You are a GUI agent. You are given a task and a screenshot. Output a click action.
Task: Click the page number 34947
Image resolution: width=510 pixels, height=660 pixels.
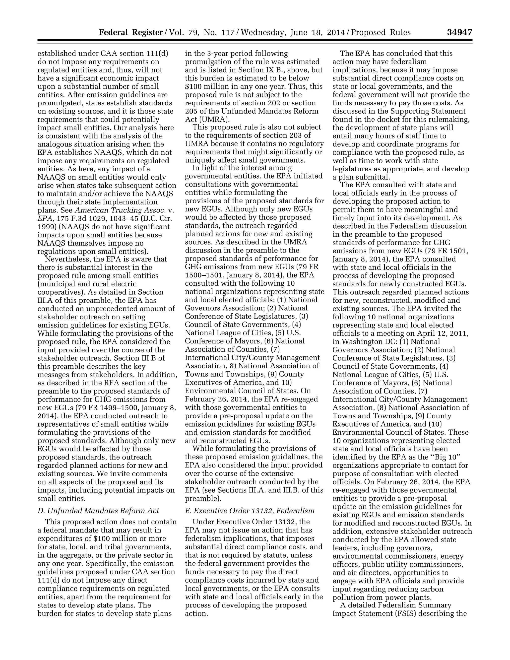pos(459,32)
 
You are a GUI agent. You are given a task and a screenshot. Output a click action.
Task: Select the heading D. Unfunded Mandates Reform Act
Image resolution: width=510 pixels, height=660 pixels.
pos(98,511)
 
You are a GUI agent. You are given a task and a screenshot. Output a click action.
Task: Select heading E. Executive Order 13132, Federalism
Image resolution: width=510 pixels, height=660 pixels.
pos(250,511)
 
